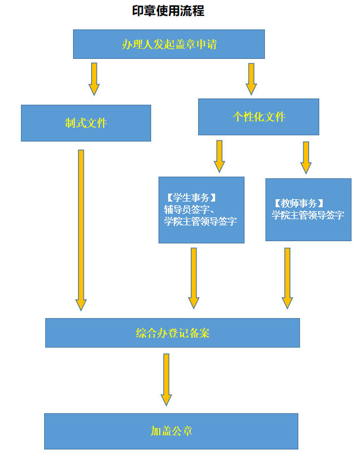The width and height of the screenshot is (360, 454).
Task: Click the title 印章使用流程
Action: (x=168, y=11)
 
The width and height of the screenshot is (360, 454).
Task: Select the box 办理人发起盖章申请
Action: (x=169, y=44)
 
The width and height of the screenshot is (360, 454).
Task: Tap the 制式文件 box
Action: (x=86, y=123)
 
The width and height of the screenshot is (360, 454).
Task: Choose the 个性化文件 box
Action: (x=259, y=117)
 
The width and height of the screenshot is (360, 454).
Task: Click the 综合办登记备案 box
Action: (x=173, y=333)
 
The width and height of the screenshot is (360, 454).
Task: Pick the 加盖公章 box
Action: (x=172, y=431)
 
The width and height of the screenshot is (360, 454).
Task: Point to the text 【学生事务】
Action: (x=191, y=198)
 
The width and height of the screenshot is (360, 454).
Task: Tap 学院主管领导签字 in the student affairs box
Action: (x=200, y=221)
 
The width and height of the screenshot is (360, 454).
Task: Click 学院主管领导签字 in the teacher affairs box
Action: (x=308, y=215)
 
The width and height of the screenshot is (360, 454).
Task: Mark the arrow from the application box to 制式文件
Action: (x=94, y=79)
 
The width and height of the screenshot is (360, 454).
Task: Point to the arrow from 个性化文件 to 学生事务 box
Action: (x=220, y=156)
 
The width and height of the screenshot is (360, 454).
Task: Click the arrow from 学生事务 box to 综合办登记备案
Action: (x=194, y=277)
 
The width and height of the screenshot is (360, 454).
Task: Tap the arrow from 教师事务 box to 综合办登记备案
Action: (x=288, y=277)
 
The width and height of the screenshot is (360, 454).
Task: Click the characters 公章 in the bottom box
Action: (x=182, y=431)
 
